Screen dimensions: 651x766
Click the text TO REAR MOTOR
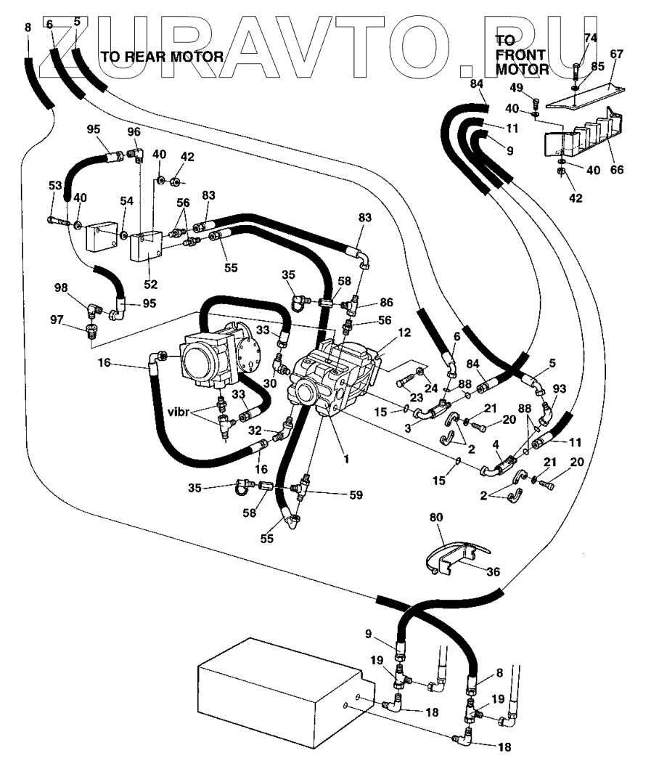click(162, 57)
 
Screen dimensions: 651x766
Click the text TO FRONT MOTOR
click(522, 54)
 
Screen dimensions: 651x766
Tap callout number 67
click(617, 54)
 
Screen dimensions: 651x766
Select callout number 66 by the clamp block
click(618, 169)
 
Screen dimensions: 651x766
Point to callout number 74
click(591, 38)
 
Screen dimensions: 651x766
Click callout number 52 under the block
click(151, 284)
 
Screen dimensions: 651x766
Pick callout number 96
click(134, 132)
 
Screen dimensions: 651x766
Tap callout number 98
click(61, 288)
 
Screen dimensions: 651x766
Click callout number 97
click(57, 319)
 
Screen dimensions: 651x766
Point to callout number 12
click(404, 333)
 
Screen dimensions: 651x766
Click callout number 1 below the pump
click(347, 459)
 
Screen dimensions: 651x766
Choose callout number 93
click(559, 388)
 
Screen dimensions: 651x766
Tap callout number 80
click(436, 517)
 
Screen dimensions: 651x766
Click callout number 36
click(494, 571)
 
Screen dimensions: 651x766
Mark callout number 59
click(356, 495)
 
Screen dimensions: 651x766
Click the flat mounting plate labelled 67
click(586, 96)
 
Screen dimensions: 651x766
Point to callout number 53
click(55, 185)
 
